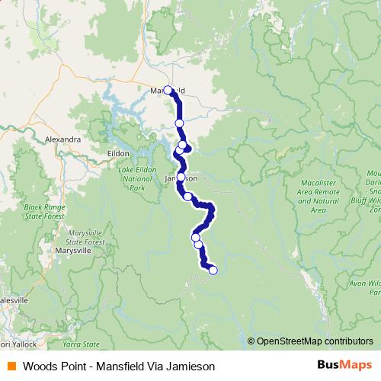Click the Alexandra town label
tap(63, 140)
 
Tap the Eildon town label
tap(118, 153)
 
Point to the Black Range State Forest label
tap(45, 211)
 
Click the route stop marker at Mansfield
tap(168, 90)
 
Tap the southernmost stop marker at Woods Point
tap(213, 270)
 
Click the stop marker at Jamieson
tap(181, 177)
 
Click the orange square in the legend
tap(11, 366)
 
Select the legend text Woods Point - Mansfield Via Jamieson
tap(114, 366)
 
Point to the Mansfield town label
tap(168, 91)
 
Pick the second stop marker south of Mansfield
tap(183, 145)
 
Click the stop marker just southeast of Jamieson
tap(187, 197)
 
